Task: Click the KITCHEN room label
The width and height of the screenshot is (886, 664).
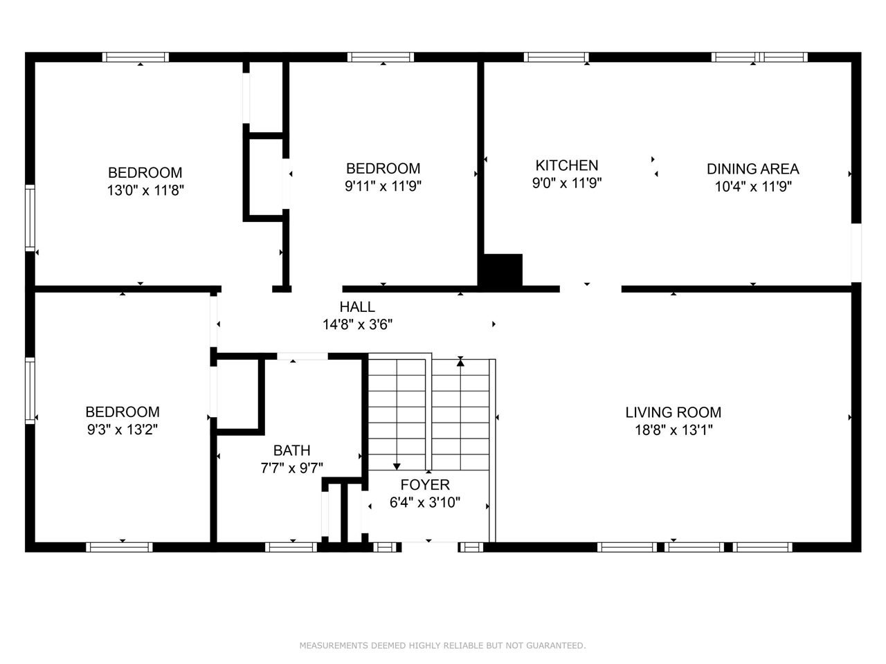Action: tap(566, 165)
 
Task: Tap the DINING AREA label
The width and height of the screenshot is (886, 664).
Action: tap(752, 169)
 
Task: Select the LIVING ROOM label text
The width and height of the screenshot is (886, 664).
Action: tap(673, 412)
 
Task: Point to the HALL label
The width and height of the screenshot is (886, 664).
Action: tap(357, 307)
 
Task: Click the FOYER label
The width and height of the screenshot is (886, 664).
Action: tap(425, 485)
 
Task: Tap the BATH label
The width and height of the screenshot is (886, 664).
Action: tap(291, 450)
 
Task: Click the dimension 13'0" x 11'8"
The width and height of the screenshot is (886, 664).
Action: tap(145, 190)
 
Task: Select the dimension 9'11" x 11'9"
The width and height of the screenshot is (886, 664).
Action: tap(383, 186)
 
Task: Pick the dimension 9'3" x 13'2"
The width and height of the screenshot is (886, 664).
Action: tap(122, 430)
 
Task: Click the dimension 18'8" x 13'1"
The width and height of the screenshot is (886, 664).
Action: tap(673, 430)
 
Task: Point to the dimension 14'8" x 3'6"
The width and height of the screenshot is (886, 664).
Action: tap(357, 324)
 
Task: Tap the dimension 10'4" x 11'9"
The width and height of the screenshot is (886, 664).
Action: tap(752, 186)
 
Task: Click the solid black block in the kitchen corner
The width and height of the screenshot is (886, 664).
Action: tap(501, 270)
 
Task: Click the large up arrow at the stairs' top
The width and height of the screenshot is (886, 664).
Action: tap(460, 362)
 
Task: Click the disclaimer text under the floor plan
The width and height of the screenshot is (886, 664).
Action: tap(442, 645)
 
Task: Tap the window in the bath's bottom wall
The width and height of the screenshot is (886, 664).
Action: tap(291, 547)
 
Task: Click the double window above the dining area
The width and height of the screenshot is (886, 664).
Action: tap(759, 57)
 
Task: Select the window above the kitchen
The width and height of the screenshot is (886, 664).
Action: tap(556, 57)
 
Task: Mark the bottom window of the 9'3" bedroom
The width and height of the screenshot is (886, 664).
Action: tap(119, 547)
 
